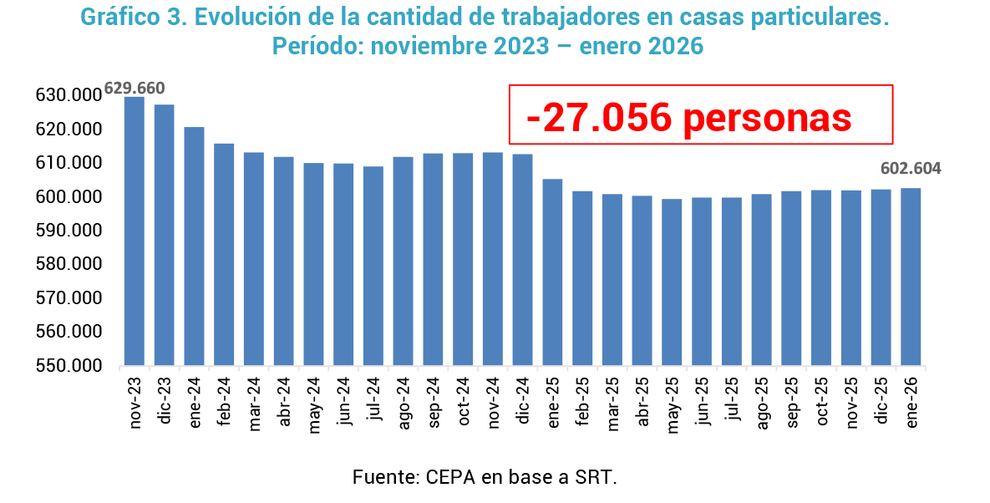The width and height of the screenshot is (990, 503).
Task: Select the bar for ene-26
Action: click(x=911, y=277)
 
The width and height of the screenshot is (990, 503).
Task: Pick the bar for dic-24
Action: click(x=522, y=260)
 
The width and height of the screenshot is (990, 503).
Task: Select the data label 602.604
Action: click(x=911, y=169)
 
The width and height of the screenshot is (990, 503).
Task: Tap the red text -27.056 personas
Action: click(x=689, y=119)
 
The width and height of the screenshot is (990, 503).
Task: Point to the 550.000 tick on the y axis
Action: click(x=69, y=366)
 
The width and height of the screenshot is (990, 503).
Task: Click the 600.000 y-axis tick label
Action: click(x=69, y=197)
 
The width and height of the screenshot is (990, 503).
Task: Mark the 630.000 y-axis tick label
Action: click(x=69, y=96)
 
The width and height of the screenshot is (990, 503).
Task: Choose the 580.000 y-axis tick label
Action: click(x=69, y=265)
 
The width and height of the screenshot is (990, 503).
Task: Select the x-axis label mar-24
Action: click(x=254, y=404)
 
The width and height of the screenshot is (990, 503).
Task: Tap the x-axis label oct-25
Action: click(x=821, y=404)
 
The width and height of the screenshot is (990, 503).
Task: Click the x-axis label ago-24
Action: click(x=404, y=404)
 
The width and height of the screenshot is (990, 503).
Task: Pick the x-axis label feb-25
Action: click(x=582, y=404)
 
